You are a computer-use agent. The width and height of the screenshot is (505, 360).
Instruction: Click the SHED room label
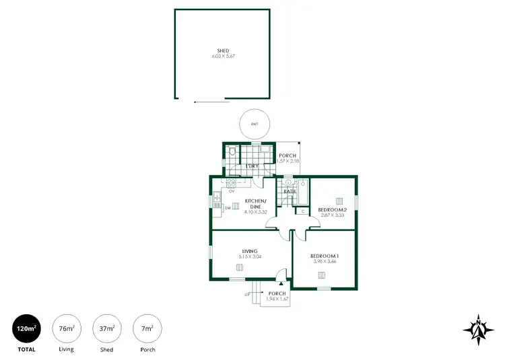[x=223, y=50]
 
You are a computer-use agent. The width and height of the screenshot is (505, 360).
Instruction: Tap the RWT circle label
[x=255, y=124]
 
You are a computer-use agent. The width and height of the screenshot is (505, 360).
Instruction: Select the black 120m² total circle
[x=26, y=328]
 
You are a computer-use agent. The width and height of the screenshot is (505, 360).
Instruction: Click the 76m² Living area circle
[x=66, y=328]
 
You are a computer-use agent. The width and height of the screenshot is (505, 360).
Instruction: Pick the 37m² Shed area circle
[x=106, y=328]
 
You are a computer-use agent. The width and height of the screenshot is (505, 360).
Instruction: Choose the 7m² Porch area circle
[x=147, y=328]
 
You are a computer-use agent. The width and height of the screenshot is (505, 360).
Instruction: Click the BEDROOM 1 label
[x=325, y=256]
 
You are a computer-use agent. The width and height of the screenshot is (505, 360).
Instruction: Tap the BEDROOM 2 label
[x=332, y=209]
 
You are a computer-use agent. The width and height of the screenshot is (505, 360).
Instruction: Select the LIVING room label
[x=250, y=251]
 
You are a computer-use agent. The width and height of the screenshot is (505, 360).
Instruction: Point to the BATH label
[x=290, y=192]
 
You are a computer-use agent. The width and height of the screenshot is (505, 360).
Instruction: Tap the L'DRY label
[x=252, y=166]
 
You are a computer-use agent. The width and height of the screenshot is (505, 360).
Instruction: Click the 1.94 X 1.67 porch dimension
[x=277, y=299]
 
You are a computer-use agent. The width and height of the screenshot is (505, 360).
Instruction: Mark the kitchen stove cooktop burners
[x=231, y=182]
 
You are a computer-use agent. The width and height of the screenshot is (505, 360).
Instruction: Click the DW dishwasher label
[x=228, y=208]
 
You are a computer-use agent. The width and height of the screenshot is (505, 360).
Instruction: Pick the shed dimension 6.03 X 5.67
[x=223, y=57]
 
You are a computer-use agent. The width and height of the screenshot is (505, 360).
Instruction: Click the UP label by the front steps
[x=248, y=294]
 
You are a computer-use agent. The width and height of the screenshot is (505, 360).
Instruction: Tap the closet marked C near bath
[x=302, y=212]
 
